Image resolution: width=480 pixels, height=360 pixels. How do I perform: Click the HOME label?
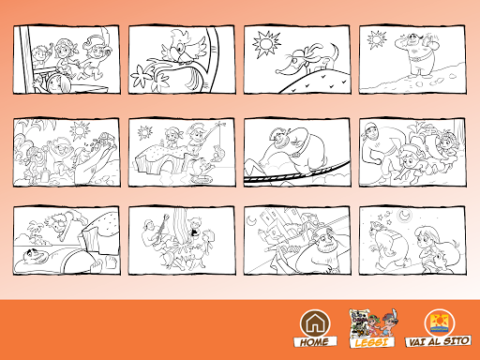[x=315, y=341]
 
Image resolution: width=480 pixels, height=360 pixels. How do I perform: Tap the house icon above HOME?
[x=315, y=323]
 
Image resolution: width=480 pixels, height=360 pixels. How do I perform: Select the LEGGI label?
[x=371, y=342]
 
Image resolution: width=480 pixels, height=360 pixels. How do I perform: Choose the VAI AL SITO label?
[x=439, y=341]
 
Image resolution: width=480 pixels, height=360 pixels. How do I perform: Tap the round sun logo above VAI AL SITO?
[x=439, y=323]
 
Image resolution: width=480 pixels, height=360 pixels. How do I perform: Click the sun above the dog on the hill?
[x=266, y=44]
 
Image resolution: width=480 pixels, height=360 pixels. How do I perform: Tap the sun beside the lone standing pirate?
[x=377, y=39]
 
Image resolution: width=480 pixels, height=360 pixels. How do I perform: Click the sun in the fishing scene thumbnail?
[x=145, y=132]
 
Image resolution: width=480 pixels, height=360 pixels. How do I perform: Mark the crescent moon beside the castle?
[x=252, y=220]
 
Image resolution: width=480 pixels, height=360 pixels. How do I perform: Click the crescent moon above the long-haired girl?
[x=405, y=215]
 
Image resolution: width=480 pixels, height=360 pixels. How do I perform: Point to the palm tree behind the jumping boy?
[x=35, y=232]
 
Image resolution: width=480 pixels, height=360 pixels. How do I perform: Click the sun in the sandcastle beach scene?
[x=80, y=130]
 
